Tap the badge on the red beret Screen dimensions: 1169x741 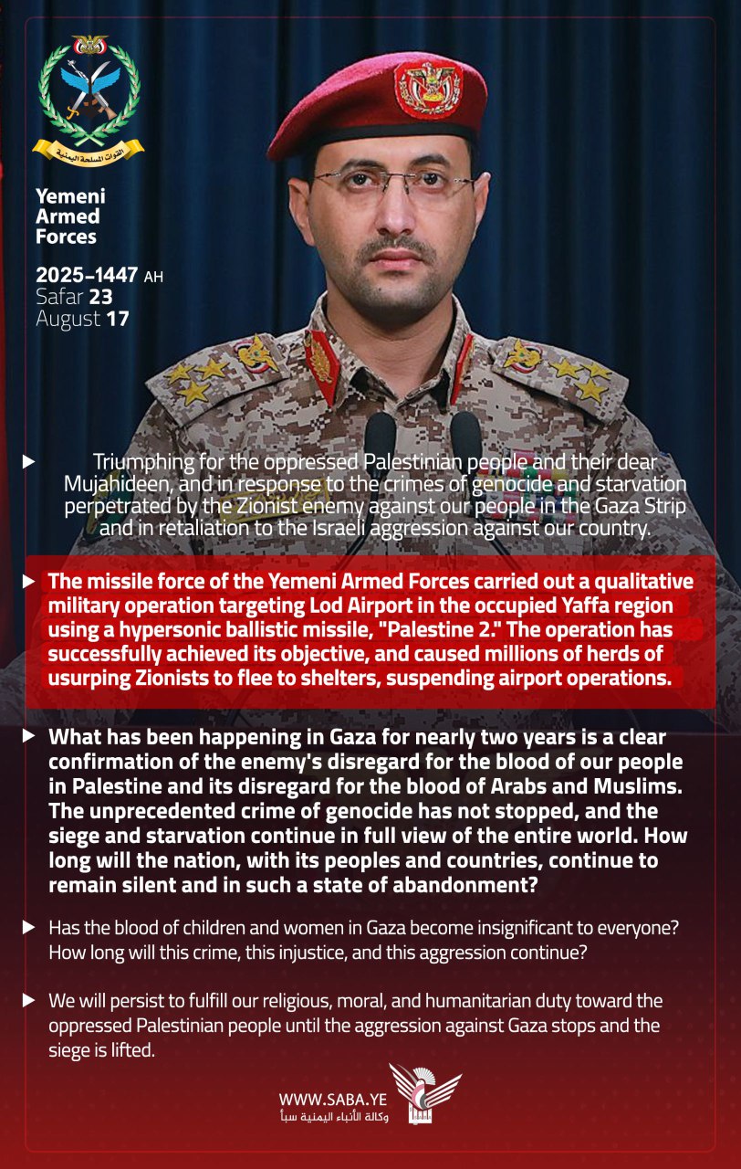428,89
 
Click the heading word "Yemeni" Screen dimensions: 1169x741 70,196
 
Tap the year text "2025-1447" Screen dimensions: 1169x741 87,275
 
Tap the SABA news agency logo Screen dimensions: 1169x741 424,1093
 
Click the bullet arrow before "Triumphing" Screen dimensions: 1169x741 29,462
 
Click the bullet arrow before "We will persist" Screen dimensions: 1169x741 29,1001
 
